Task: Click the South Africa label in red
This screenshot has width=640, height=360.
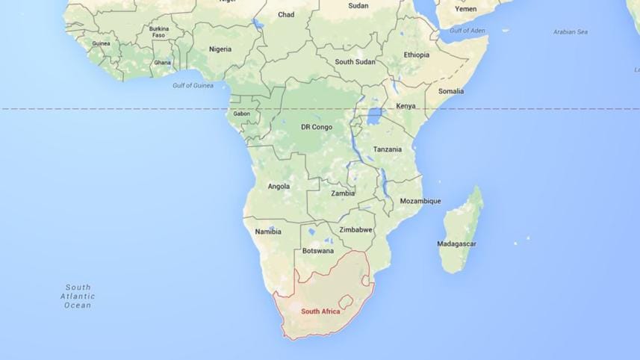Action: (320, 311)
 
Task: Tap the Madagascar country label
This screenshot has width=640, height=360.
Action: (456, 243)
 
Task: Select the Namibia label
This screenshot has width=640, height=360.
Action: (267, 232)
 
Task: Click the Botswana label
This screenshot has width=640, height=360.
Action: (318, 251)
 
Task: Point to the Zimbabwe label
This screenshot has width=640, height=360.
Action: (355, 229)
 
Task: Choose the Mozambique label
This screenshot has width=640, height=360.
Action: (420, 201)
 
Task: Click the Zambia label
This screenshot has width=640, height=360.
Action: (343, 193)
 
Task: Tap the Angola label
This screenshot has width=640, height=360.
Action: (278, 186)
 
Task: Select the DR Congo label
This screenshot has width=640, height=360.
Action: (317, 127)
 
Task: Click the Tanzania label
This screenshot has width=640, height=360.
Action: (387, 149)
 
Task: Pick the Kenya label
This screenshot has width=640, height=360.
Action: (406, 106)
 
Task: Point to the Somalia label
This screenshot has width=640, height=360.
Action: (450, 91)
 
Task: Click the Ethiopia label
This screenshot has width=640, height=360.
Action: (417, 55)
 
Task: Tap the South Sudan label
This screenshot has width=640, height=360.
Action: (355, 62)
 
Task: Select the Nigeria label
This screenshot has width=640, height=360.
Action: (220, 49)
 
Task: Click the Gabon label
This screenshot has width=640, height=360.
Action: (241, 114)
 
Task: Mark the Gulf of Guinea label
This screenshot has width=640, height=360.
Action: (193, 85)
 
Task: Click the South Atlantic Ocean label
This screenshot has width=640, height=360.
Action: (78, 296)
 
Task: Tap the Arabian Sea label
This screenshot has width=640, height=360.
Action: (570, 32)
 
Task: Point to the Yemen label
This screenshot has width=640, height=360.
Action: (465, 9)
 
